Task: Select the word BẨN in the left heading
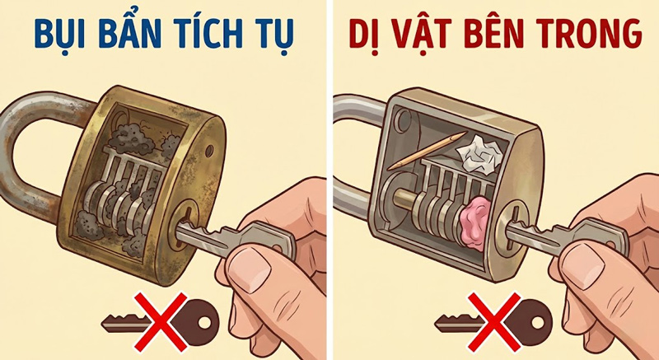pyautogui.click(x=128, y=35)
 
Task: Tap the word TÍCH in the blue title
pyautogui.click(x=214, y=35)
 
